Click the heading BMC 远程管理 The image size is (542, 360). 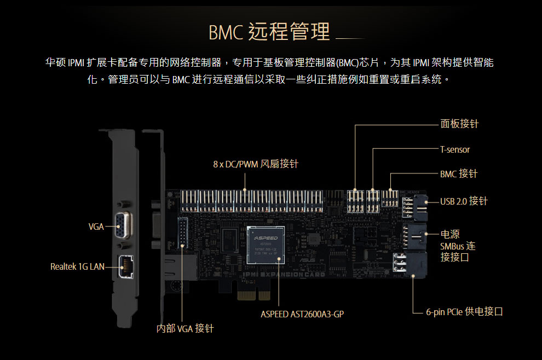pyautogui.click(x=269, y=32)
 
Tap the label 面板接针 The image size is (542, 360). pyautogui.click(x=459, y=124)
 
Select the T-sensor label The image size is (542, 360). pyautogui.click(x=455, y=149)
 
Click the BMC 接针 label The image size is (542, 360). pyautogui.click(x=458, y=174)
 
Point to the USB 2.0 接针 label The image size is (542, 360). pyautogui.click(x=463, y=201)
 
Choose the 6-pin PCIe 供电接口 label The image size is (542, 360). pyautogui.click(x=464, y=312)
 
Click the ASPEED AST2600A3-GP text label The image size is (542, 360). pyautogui.click(x=302, y=314)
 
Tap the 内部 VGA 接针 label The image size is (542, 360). pyautogui.click(x=184, y=329)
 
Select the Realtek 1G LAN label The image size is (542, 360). pyautogui.click(x=77, y=267)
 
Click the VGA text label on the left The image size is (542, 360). pyautogui.click(x=96, y=227)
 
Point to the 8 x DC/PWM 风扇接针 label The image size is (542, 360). pyautogui.click(x=256, y=164)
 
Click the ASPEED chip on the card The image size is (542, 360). pyautogui.click(x=267, y=245)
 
